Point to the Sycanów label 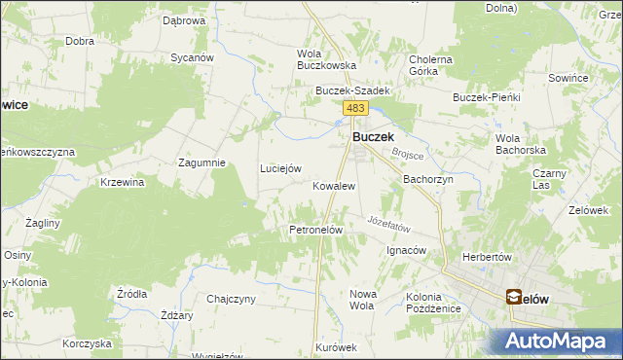192,57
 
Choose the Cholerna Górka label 430,65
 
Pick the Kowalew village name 333,185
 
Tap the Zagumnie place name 202,162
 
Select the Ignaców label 407,250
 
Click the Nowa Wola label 361,299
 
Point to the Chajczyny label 231,298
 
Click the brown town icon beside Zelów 513,298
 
